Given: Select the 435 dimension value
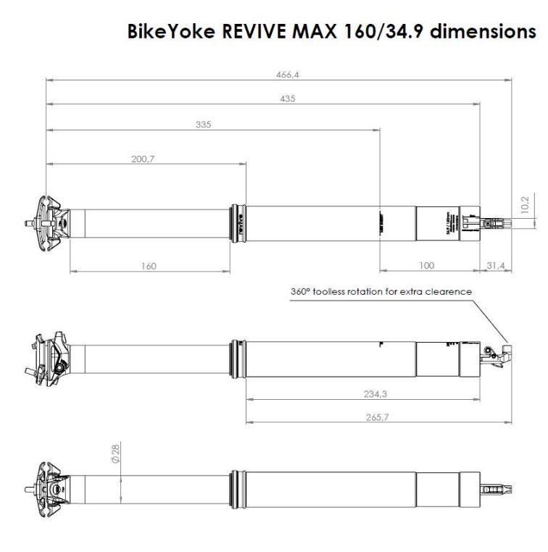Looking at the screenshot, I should click(x=288, y=99).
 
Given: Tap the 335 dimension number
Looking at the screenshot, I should click(x=204, y=125).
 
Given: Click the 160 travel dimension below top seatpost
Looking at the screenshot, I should click(x=148, y=266).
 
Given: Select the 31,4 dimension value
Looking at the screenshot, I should click(x=496, y=266).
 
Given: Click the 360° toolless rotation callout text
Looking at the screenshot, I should click(x=381, y=291).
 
